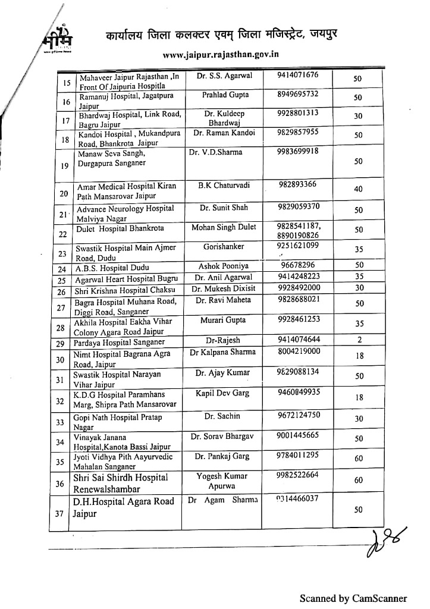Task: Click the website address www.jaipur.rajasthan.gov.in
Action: click(220, 54)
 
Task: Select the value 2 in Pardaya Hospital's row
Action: click(358, 341)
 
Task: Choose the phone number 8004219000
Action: click(299, 351)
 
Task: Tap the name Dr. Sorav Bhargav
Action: click(222, 437)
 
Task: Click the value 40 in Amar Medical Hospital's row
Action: click(358, 189)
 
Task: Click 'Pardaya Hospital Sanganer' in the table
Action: click(119, 343)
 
